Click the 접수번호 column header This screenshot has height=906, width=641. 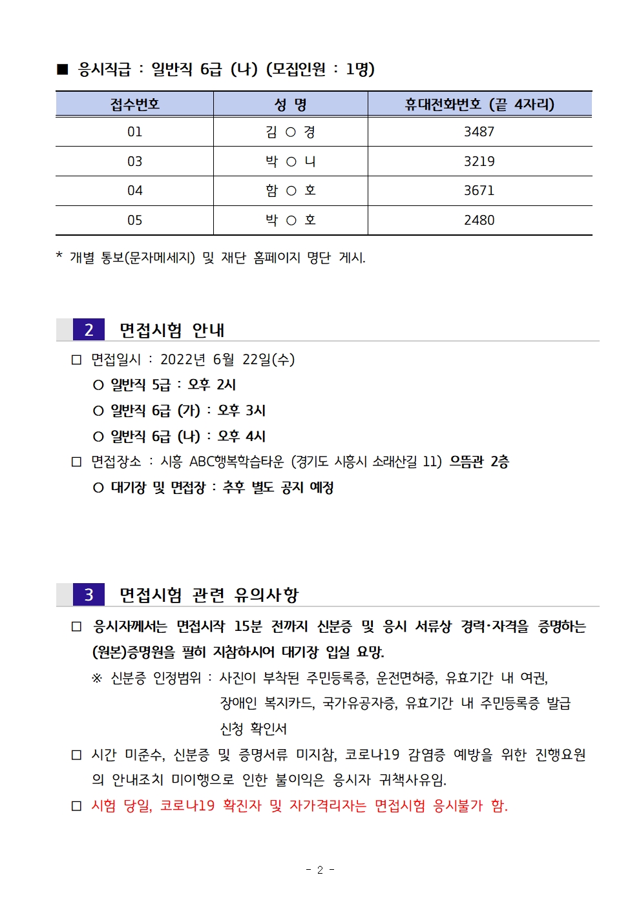[134, 105]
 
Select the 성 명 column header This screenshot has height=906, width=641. [290, 105]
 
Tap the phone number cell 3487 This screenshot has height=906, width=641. [479, 132]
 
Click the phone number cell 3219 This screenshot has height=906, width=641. [479, 161]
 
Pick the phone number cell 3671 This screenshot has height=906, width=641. [479, 190]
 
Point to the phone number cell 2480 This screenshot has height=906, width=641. [479, 220]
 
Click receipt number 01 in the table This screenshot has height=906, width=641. [134, 132]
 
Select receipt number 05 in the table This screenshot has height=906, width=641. [134, 220]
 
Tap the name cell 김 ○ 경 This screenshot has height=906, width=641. [290, 132]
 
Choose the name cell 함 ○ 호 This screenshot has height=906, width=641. [290, 190]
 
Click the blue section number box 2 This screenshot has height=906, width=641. [89, 330]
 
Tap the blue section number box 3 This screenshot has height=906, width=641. [89, 595]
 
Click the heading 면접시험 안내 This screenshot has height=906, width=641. [172, 331]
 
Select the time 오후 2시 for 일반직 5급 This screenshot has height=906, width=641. [212, 385]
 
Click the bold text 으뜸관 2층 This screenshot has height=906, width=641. [479, 462]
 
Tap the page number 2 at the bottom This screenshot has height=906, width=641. [320, 870]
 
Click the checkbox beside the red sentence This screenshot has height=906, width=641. [77, 806]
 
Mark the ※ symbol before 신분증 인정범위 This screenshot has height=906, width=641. [97, 678]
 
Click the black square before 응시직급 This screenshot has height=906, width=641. [63, 69]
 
